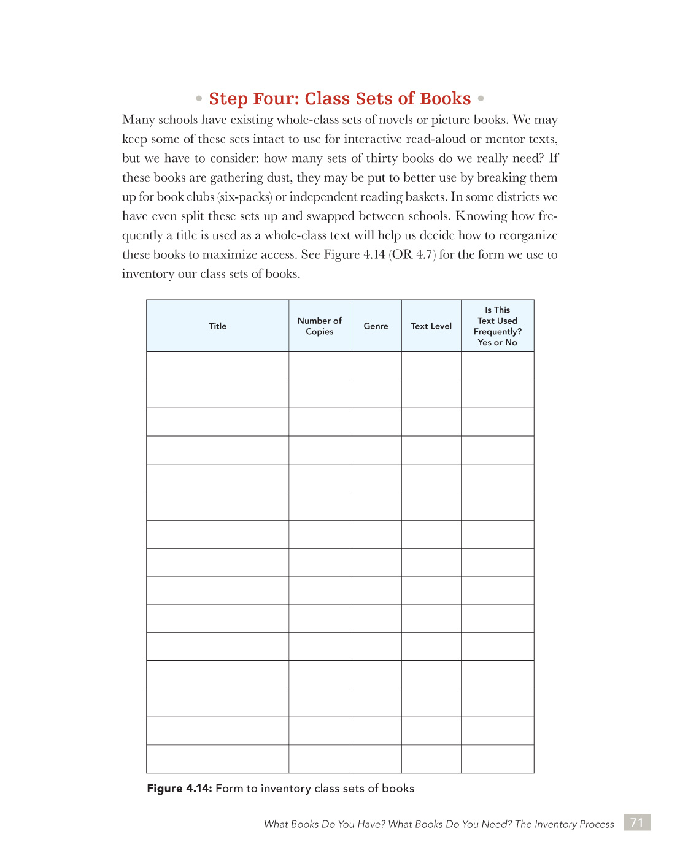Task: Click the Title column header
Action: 217,326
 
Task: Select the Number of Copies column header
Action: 319,326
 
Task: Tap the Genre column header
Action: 376,326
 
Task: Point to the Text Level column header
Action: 431,326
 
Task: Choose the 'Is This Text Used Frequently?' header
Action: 497,326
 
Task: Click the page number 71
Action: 636,823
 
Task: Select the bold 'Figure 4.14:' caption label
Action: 179,789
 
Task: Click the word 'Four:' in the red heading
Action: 276,99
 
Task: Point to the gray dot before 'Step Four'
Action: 199,98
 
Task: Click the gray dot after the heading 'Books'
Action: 481,98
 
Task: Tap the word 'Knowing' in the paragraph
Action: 481,216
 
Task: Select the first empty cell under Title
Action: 217,366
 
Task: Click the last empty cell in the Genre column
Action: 376,759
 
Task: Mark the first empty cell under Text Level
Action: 431,366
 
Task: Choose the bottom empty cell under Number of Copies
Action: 319,759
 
